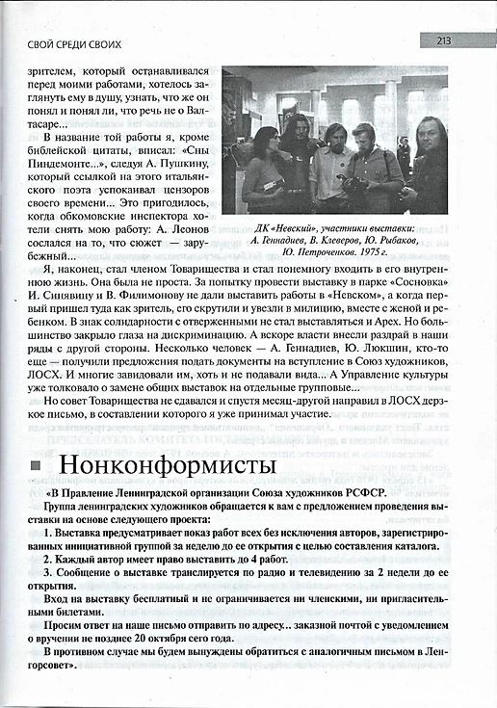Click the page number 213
(x=444, y=40)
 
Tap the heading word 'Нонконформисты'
(x=167, y=465)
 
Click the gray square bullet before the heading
(x=36, y=467)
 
